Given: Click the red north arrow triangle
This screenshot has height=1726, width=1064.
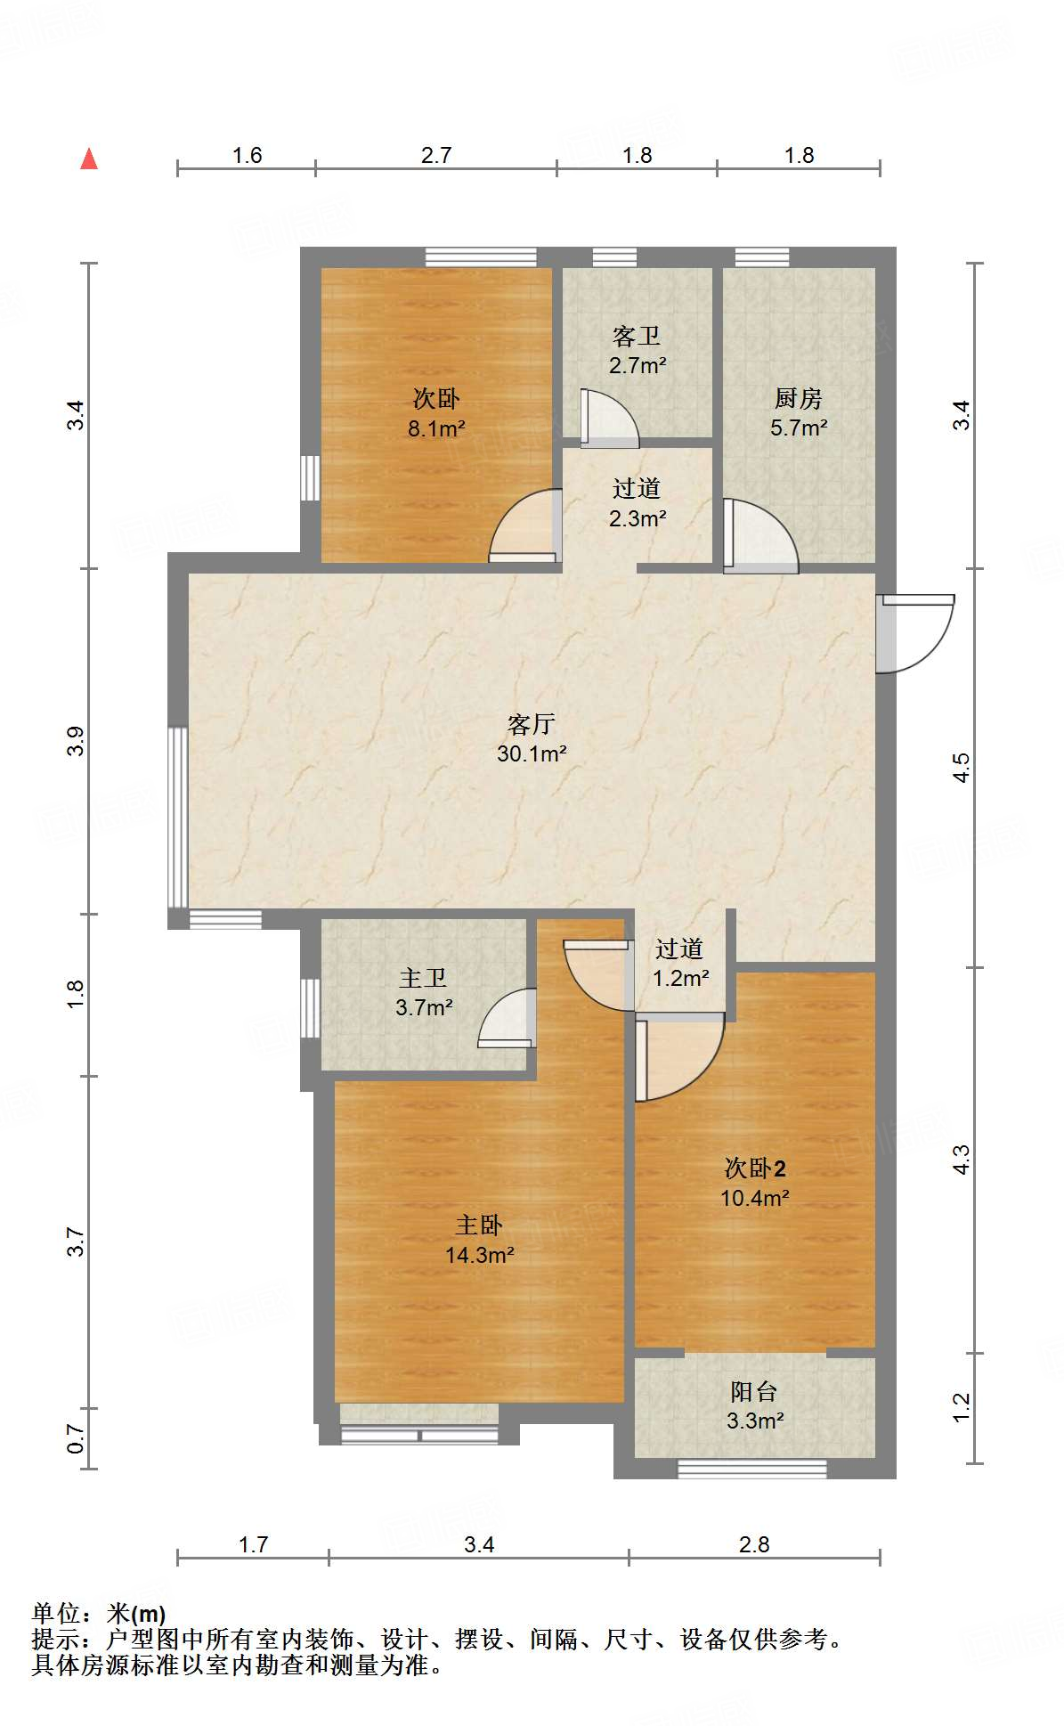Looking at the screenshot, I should [x=89, y=159].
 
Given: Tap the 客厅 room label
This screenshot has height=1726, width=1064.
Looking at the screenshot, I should [x=532, y=723].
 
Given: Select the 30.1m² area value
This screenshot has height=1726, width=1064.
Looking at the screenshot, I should [x=532, y=753].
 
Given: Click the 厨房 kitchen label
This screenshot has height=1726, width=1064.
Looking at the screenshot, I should [x=798, y=398].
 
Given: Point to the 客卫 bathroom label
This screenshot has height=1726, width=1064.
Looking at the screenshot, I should [x=637, y=336].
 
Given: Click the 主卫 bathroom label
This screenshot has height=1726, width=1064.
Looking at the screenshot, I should [x=423, y=978].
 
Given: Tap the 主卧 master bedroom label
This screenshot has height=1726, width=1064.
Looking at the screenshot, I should [x=479, y=1225].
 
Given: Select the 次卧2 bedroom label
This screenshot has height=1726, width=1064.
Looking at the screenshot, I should [x=754, y=1168].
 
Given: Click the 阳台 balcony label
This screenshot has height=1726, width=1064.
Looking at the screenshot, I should [x=754, y=1390].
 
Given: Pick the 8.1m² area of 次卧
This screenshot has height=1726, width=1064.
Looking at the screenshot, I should [x=436, y=428].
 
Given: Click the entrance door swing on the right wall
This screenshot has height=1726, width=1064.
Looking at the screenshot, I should [x=917, y=632].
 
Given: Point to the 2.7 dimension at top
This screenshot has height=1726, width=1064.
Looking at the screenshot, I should [x=436, y=155].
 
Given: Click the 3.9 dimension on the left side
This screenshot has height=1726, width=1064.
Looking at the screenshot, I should [x=76, y=741].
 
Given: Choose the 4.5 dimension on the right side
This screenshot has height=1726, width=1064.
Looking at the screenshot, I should [x=962, y=768].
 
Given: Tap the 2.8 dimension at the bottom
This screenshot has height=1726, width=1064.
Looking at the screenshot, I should [x=754, y=1543].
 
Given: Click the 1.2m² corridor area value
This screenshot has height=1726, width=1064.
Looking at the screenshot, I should [x=680, y=978].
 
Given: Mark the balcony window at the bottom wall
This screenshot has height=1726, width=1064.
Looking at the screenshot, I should [x=751, y=1468].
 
